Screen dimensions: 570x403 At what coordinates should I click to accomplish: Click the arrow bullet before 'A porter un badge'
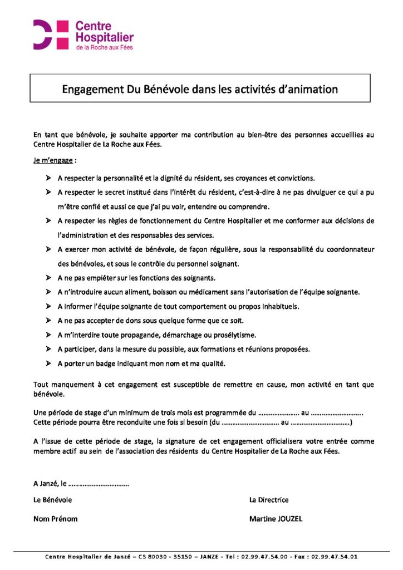point(48,363)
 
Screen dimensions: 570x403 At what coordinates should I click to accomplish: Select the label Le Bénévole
point(53,500)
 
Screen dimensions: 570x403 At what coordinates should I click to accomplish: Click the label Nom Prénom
point(56,519)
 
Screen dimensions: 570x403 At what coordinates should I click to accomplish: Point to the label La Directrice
point(269,500)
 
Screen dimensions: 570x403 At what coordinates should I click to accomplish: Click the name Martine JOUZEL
point(276,519)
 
